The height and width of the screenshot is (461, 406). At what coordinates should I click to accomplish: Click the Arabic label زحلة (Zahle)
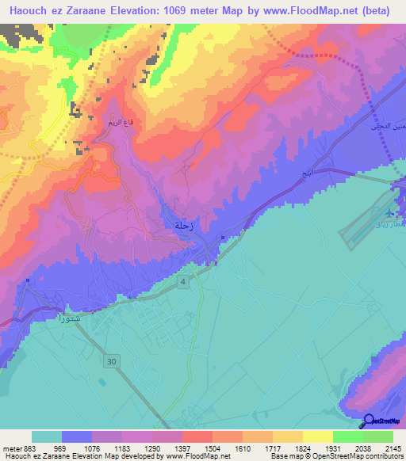point(182,227)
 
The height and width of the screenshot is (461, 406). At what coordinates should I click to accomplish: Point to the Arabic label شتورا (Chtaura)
point(71,321)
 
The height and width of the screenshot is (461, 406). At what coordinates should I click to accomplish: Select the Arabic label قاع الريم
point(111,124)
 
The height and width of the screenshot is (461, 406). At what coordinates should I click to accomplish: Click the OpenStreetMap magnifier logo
point(369,421)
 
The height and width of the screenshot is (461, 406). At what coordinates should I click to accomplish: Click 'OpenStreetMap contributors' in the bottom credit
point(354,456)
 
